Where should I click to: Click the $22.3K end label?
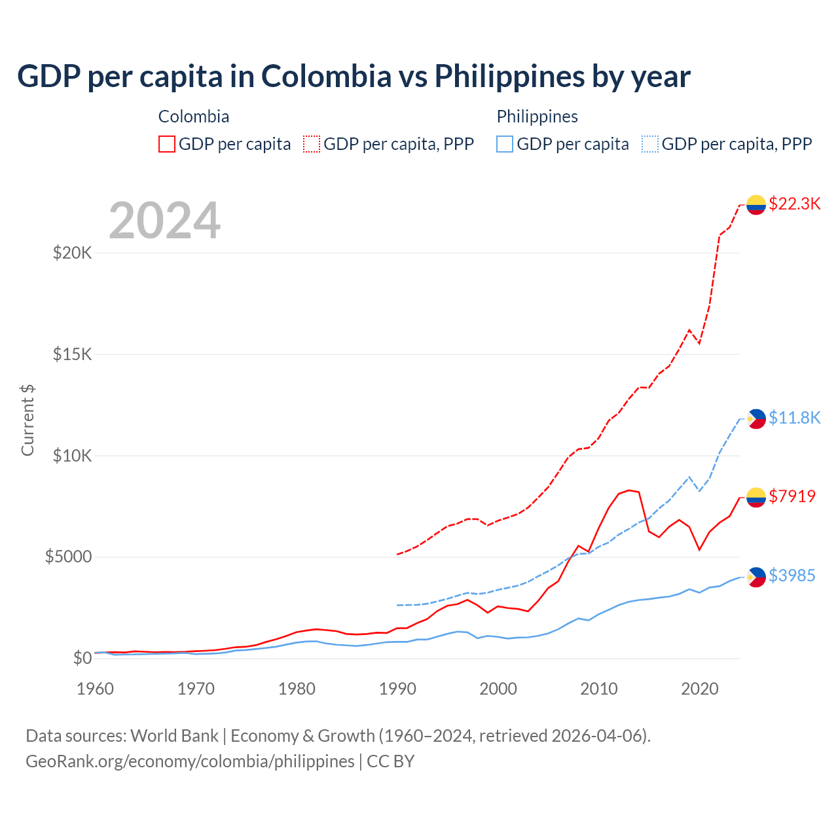click(x=794, y=204)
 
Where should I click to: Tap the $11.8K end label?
click(x=794, y=418)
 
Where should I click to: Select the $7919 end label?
click(x=792, y=496)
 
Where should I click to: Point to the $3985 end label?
click(x=792, y=575)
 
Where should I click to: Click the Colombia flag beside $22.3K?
click(x=756, y=205)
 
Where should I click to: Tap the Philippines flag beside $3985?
click(x=756, y=577)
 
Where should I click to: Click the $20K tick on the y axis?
click(x=72, y=253)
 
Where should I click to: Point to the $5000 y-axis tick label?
click(x=68, y=557)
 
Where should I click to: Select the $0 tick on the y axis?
click(x=82, y=658)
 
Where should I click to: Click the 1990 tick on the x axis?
click(x=397, y=689)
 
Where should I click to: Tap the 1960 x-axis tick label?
click(x=96, y=689)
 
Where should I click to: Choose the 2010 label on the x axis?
click(x=599, y=689)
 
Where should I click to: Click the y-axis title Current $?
click(x=27, y=420)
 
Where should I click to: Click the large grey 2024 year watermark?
click(x=164, y=221)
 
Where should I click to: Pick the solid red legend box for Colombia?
click(x=167, y=144)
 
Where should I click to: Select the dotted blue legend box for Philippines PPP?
click(x=650, y=144)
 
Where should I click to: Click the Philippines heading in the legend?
click(x=537, y=117)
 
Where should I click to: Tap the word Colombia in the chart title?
click(x=326, y=76)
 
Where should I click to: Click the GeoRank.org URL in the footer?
click(x=190, y=761)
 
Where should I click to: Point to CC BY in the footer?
click(x=391, y=761)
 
